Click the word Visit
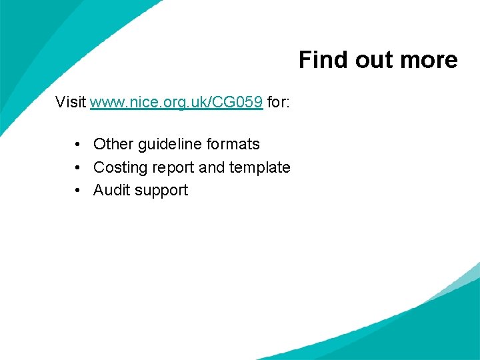tap(71, 102)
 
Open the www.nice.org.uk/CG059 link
tap(176, 102)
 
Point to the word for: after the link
tap(278, 102)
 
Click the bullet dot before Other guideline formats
tap(79, 145)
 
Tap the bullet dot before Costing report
tap(79, 167)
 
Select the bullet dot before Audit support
tap(79, 191)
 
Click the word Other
tap(113, 144)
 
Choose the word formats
tap(233, 144)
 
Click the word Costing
tap(119, 167)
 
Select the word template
tap(260, 167)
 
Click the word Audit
tap(111, 190)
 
